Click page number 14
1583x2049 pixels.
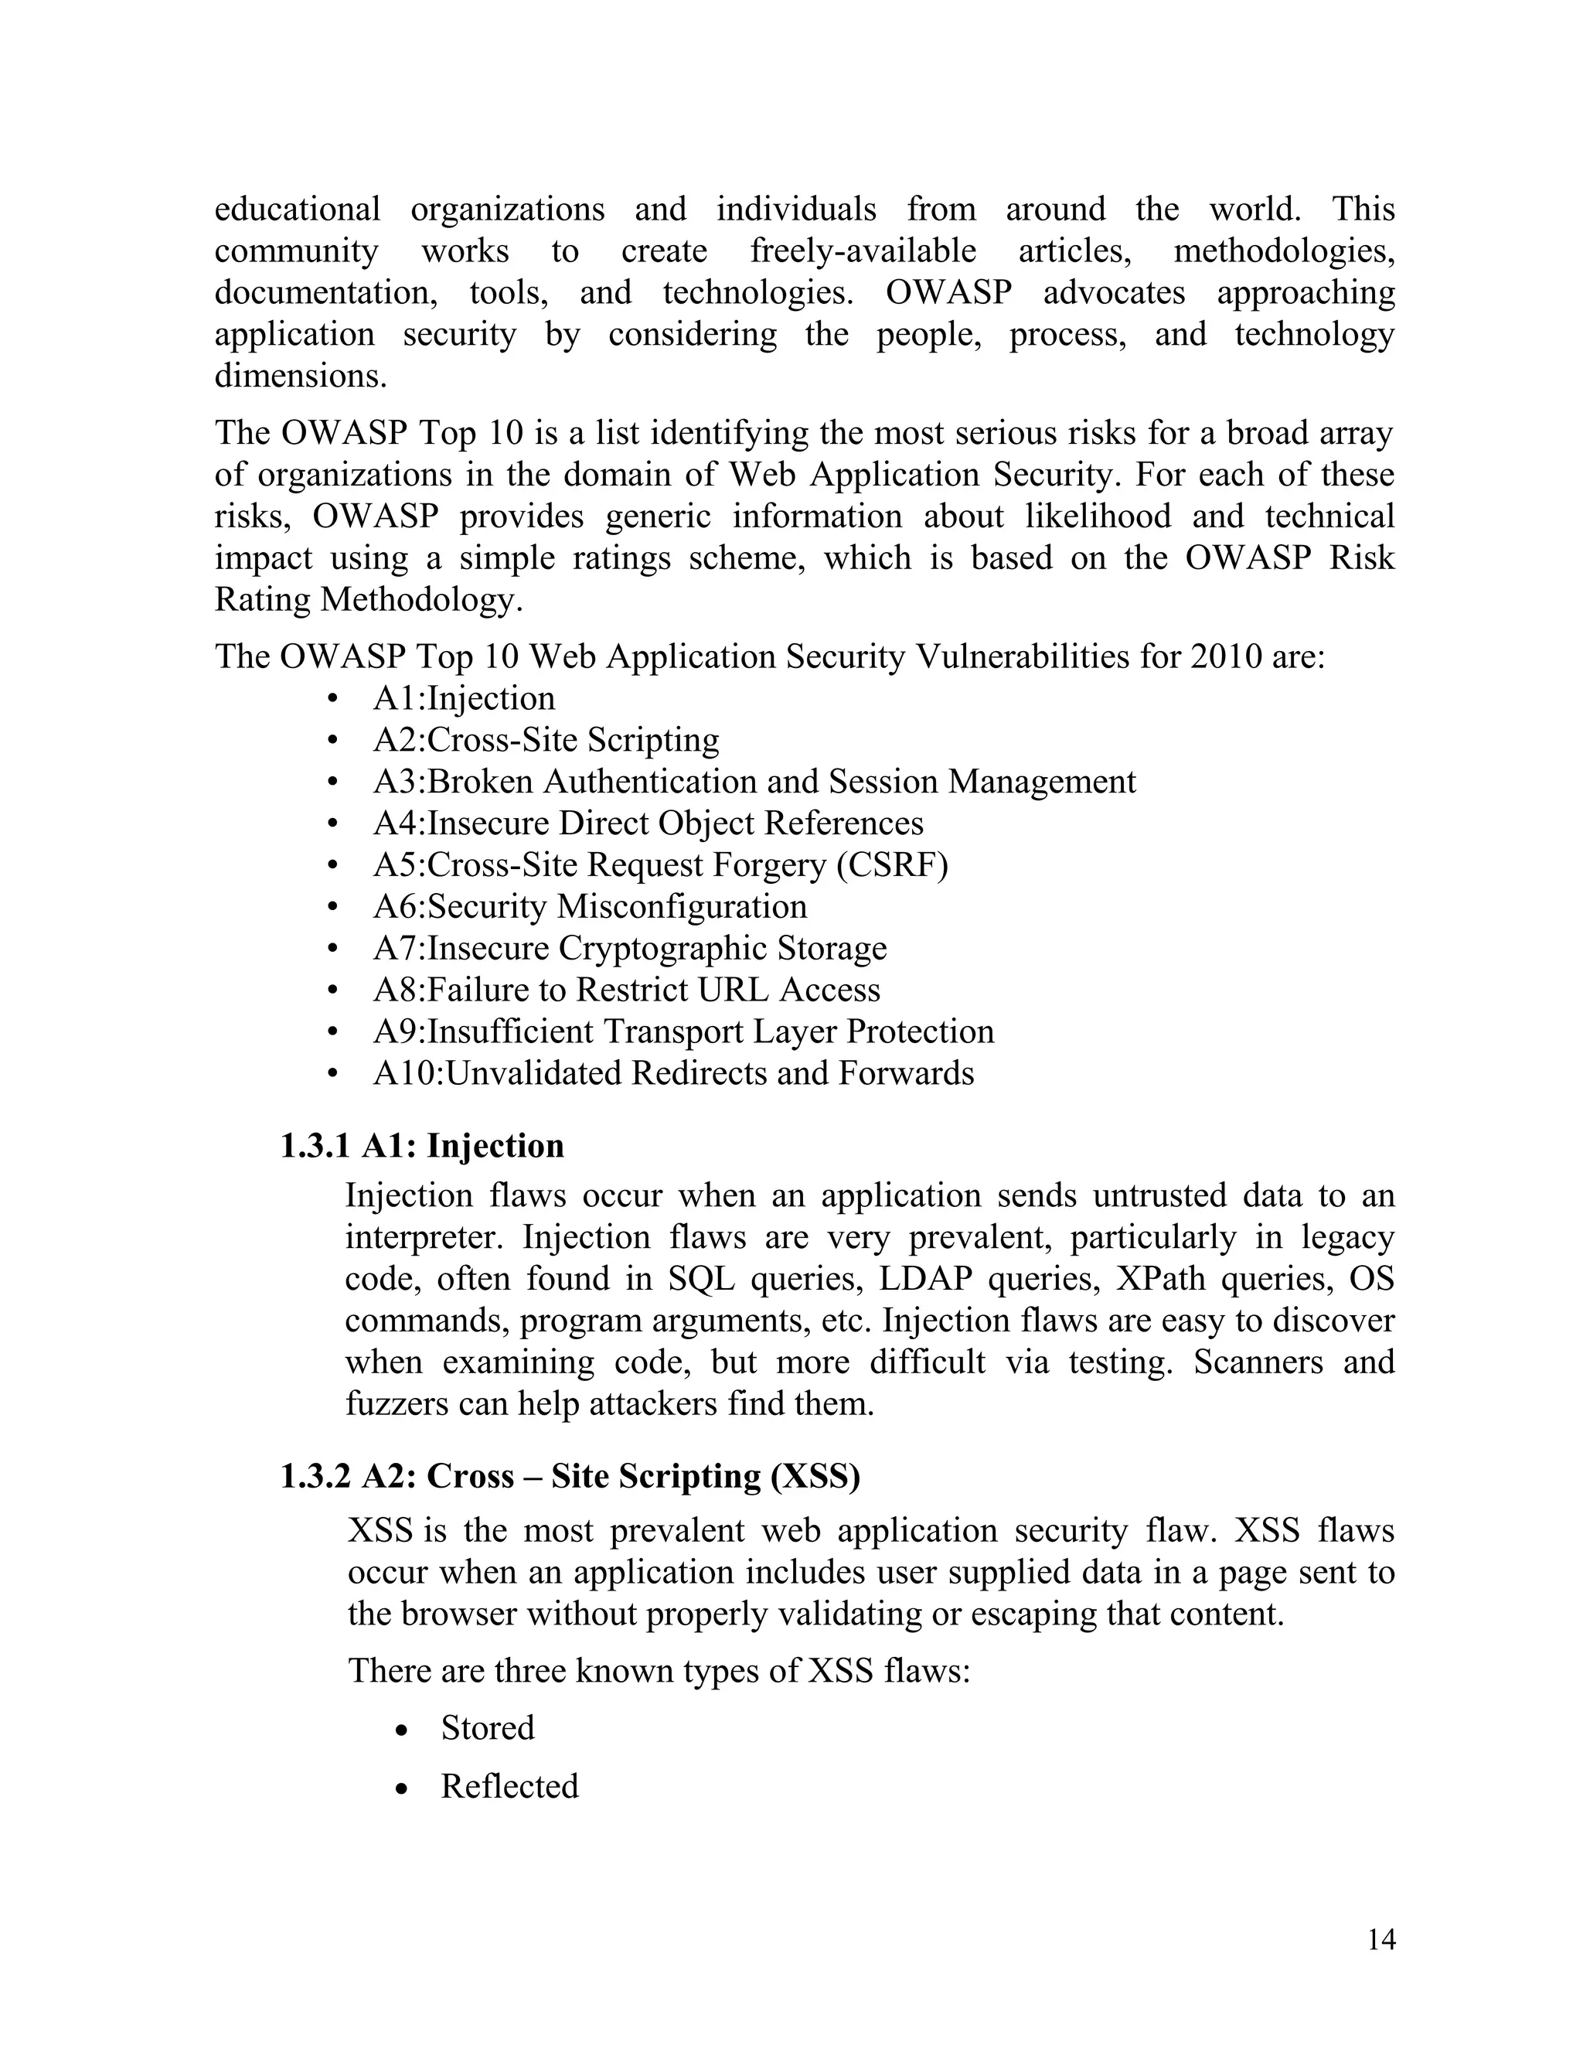pyautogui.click(x=1381, y=1939)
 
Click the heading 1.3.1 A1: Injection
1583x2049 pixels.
pyautogui.click(x=422, y=1146)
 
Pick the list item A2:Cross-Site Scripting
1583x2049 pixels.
pyautogui.click(x=546, y=740)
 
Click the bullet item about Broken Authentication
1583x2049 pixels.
pyautogui.click(x=754, y=782)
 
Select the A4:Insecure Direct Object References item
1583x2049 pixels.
pyautogui.click(x=648, y=823)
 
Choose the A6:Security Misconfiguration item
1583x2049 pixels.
pyautogui.click(x=590, y=906)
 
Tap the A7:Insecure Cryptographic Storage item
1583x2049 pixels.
pyautogui.click(x=629, y=948)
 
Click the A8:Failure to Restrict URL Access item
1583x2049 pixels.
pyautogui.click(x=626, y=990)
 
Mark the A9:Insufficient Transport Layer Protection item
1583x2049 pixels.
pyautogui.click(x=683, y=1031)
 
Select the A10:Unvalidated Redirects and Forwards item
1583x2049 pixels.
pyautogui.click(x=673, y=1072)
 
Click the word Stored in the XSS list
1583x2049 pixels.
pyautogui.click(x=488, y=1728)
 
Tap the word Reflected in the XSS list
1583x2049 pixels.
pyautogui.click(x=509, y=1786)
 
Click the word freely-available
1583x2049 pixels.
pyautogui.click(x=863, y=251)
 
